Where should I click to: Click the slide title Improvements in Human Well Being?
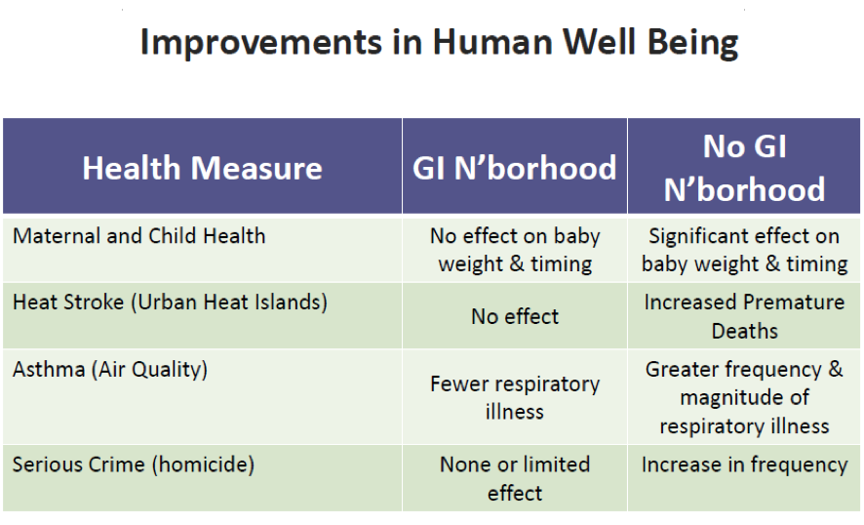[x=439, y=43]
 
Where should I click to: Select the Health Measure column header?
[x=202, y=168]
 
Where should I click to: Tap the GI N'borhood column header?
[x=515, y=168]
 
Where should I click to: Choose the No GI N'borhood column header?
[x=744, y=168]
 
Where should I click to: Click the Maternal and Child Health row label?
[x=138, y=236]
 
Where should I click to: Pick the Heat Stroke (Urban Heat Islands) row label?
[x=170, y=303]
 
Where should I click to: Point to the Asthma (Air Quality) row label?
[x=110, y=370]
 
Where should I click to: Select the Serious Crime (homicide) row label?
[x=134, y=464]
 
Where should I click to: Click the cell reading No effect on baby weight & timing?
[x=515, y=250]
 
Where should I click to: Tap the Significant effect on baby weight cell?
[x=744, y=250]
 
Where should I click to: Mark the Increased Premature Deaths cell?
[x=744, y=316]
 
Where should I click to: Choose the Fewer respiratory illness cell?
[x=515, y=397]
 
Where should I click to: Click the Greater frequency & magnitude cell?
[x=744, y=397]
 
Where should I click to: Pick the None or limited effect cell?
[x=515, y=478]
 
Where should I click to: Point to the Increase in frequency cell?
[x=744, y=464]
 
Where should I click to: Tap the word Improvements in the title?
[x=261, y=44]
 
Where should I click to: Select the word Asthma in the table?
[x=49, y=369]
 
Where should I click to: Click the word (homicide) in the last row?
[x=203, y=464]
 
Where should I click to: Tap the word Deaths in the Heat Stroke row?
[x=744, y=331]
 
